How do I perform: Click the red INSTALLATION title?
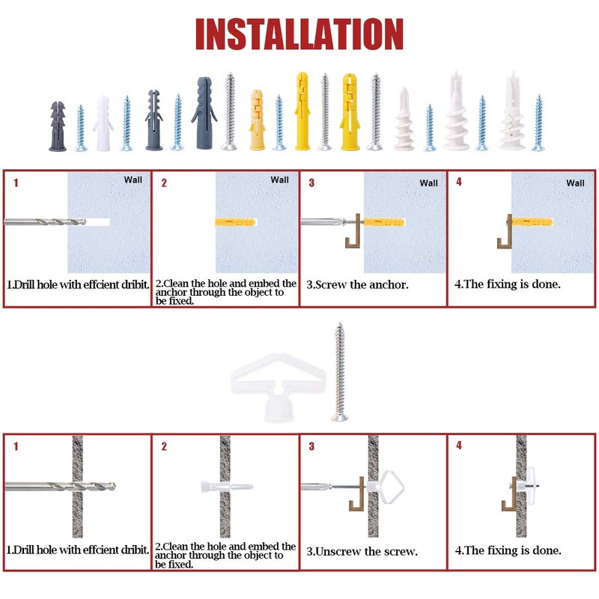[299, 34]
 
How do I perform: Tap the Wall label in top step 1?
[133, 180]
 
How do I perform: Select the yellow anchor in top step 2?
[236, 222]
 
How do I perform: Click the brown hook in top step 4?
[504, 233]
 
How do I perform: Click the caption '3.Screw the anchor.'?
[358, 285]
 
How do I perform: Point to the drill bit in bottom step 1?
[60, 486]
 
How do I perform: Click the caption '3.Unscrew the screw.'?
[362, 551]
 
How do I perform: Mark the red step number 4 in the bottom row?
[459, 446]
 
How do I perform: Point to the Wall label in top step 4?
[575, 183]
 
